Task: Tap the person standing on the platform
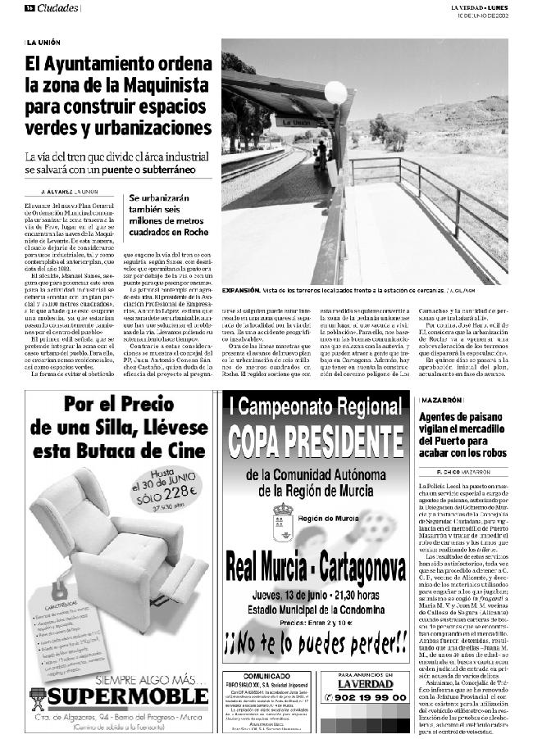pos(321,153)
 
